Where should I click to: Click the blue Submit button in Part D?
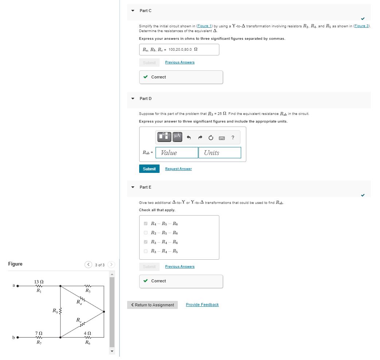pos(149,169)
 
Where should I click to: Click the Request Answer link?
pos(178,169)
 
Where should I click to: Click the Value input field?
pos(177,153)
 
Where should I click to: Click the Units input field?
pos(219,153)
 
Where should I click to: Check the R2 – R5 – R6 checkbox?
pos(146,233)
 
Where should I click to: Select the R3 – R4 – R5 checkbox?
pos(146,251)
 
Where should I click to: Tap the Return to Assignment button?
pos(152,305)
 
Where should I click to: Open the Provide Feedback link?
pos(202,305)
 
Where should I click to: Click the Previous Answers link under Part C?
pos(180,62)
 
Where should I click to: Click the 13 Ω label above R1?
pos(39,282)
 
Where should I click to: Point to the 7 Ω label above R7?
pos(39,333)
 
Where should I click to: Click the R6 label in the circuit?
pos(87,342)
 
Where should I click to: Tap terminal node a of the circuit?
pos(17,286)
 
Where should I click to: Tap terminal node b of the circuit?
pos(17,337)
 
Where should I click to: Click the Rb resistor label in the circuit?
pos(55,311)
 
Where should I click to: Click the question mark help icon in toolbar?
pos(233,138)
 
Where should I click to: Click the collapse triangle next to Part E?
pos(133,187)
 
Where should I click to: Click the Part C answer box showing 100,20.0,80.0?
pos(179,50)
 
